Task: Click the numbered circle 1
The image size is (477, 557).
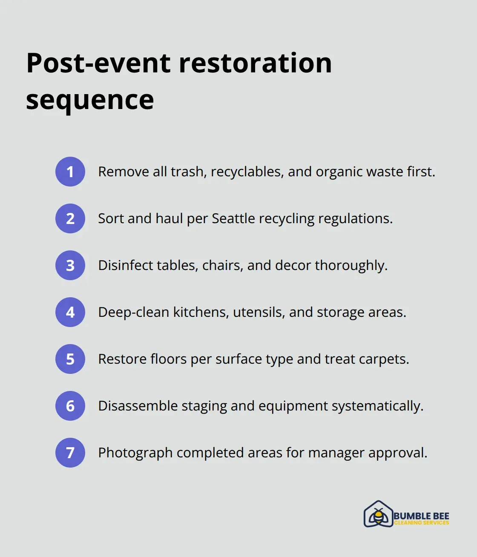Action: point(70,172)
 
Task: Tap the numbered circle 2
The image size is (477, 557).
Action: point(70,218)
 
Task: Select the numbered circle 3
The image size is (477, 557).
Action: point(70,265)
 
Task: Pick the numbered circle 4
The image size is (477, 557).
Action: point(70,312)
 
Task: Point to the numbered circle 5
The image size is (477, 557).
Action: point(70,359)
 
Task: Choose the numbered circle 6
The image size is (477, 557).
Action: point(70,406)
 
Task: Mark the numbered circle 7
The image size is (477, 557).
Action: point(70,453)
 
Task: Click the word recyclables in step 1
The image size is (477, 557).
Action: point(247,172)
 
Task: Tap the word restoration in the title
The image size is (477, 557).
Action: point(255,63)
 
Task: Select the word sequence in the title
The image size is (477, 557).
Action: point(90,100)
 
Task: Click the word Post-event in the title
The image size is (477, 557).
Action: point(99,63)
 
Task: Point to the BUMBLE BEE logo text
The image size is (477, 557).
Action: point(421,516)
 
